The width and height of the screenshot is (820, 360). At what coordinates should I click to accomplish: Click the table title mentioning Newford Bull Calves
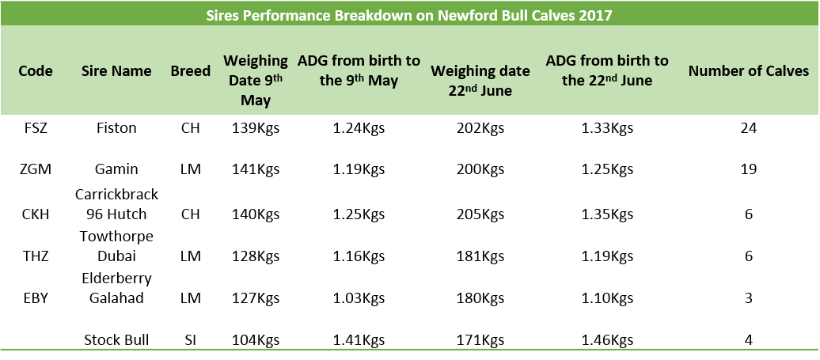click(x=409, y=14)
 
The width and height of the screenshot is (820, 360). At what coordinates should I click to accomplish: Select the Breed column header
click(x=190, y=70)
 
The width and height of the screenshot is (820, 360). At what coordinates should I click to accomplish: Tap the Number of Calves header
click(x=748, y=71)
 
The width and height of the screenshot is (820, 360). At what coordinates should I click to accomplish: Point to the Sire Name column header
click(x=116, y=70)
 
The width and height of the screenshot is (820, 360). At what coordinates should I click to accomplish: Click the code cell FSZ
click(x=36, y=127)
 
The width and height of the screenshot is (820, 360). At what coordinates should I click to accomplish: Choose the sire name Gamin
click(x=116, y=169)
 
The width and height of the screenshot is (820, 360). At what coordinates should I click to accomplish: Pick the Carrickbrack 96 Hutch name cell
click(x=116, y=204)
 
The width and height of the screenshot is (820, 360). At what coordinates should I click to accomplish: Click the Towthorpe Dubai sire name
click(x=116, y=246)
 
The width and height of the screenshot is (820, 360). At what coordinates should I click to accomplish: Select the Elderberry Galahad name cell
click(x=116, y=287)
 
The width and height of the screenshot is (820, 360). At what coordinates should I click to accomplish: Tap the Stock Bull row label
click(x=116, y=340)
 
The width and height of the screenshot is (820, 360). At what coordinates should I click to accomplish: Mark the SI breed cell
click(x=190, y=340)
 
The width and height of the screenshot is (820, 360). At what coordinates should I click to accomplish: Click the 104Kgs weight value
click(x=256, y=340)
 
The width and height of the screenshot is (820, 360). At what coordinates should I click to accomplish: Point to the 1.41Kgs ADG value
click(x=359, y=340)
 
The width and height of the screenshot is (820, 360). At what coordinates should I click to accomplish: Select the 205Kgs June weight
click(x=480, y=214)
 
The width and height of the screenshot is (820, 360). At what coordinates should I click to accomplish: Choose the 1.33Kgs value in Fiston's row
click(x=607, y=127)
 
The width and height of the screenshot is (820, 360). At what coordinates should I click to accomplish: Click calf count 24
click(x=748, y=127)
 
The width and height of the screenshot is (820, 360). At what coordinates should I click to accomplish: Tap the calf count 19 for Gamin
click(x=748, y=169)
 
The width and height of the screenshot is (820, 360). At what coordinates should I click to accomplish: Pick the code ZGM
click(x=36, y=169)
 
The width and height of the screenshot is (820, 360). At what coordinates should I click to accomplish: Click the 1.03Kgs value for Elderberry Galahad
click(x=359, y=297)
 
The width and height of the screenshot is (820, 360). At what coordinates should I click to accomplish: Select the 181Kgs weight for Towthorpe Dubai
click(x=480, y=256)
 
